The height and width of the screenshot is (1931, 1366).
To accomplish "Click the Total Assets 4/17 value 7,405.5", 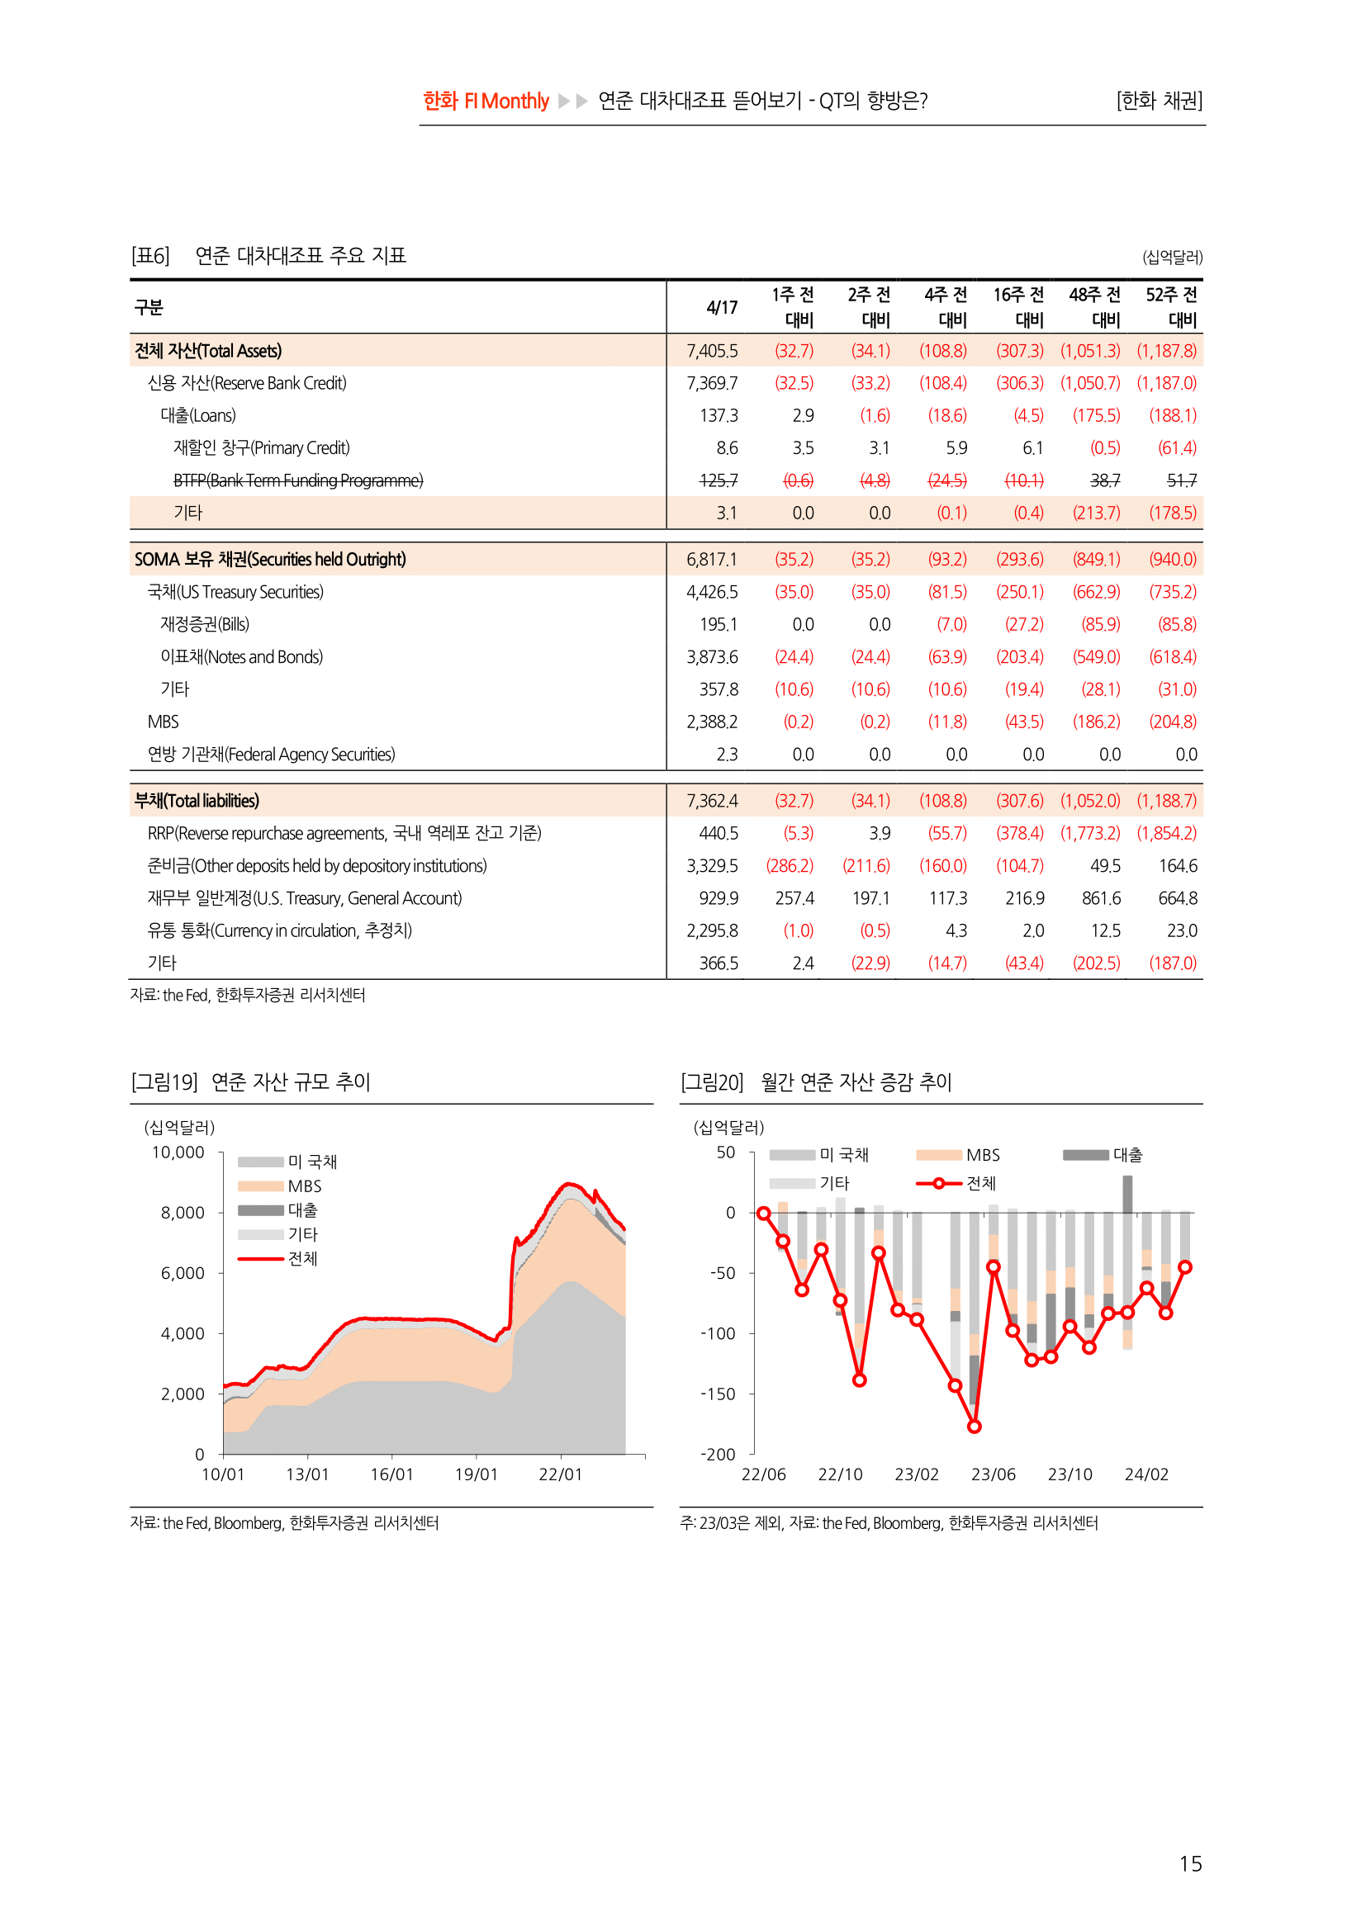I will pos(712,351).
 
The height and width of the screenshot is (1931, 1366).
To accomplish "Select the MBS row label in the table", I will pos(164,722).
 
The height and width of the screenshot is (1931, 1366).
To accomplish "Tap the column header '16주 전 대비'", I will pos(1018,307).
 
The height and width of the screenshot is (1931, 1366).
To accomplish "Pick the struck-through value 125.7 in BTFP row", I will pos(718,480).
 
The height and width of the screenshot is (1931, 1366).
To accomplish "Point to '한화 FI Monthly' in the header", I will pos(486,101).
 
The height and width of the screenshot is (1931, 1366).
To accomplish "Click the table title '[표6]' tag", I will pos(150,256).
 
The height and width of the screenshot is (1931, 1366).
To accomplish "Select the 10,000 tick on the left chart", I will pos(178,1152).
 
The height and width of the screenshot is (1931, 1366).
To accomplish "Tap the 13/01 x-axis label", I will pos(307,1474).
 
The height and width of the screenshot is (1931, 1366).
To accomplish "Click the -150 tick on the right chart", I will pos(718,1394).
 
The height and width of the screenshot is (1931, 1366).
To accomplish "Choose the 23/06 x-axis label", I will pos(993,1474).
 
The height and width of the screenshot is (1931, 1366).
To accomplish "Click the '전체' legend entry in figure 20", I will pos(980,1183).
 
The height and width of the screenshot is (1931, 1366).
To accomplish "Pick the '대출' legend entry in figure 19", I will pos(302,1210).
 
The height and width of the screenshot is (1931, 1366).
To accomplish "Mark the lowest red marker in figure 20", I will pos(974,1427).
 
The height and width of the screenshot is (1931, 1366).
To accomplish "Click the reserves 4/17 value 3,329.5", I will pos(712,866).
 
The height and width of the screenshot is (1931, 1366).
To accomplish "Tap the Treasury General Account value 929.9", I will pos(719,898).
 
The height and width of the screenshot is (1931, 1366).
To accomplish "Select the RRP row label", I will pos(344,834).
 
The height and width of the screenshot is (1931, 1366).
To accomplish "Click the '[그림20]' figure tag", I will pos(712,1082).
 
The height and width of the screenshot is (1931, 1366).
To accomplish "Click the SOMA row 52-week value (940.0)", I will pos(1173,559).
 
